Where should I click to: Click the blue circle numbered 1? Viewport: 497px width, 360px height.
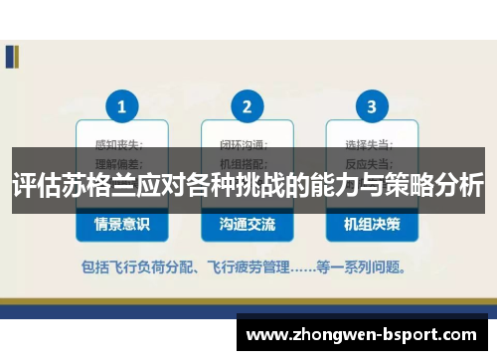pos(122,106)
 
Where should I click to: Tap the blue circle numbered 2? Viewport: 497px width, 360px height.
pos(247,106)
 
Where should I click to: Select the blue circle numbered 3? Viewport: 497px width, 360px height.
pos(372,106)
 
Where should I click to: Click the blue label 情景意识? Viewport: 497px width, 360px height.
pos(122,225)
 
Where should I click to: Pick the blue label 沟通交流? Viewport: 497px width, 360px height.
pos(247,225)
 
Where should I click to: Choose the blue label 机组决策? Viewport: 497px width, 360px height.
pos(372,225)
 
